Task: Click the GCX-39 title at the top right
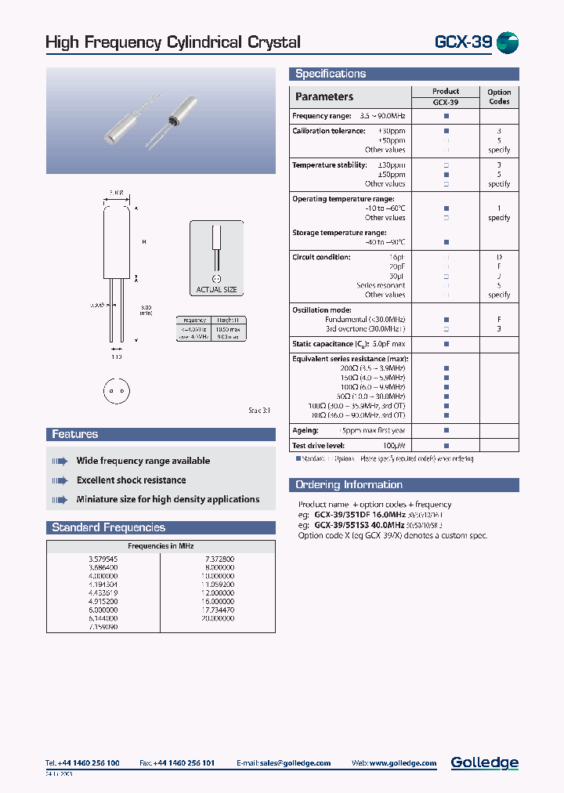click(x=463, y=42)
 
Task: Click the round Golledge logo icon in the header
click(x=508, y=43)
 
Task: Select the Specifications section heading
click(x=331, y=74)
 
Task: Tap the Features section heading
click(x=75, y=434)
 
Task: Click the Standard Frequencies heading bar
click(x=109, y=527)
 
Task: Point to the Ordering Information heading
click(x=349, y=485)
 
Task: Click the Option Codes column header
click(x=499, y=96)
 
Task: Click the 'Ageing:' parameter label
click(x=305, y=430)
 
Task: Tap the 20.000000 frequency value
click(x=218, y=618)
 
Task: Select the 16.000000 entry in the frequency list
click(x=218, y=601)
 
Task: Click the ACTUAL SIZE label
click(x=216, y=290)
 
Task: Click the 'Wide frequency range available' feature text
click(x=143, y=461)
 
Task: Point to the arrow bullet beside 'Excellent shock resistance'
click(x=60, y=480)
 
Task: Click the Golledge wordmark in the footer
click(x=484, y=762)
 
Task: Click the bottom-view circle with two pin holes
click(x=115, y=390)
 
